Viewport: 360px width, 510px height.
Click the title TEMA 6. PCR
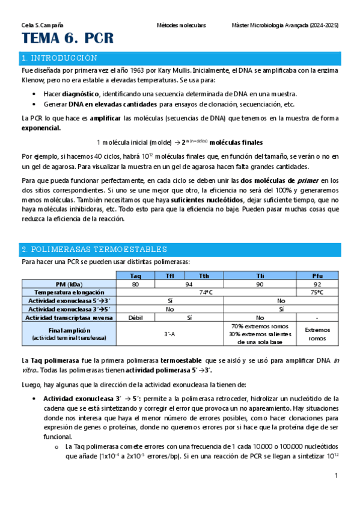click(x=67, y=40)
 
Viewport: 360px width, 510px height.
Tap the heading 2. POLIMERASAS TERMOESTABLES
click(x=94, y=249)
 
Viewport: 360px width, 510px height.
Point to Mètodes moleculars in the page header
click(x=181, y=26)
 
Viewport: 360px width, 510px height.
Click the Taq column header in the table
click(x=136, y=275)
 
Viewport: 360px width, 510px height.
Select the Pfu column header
click(x=317, y=275)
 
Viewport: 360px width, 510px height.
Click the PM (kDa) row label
click(x=68, y=284)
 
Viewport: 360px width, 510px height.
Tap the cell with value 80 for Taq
click(x=136, y=284)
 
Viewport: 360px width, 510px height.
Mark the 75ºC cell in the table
click(x=317, y=292)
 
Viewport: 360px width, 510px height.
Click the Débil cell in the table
click(x=136, y=318)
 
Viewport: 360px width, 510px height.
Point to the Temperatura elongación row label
click(x=68, y=292)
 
